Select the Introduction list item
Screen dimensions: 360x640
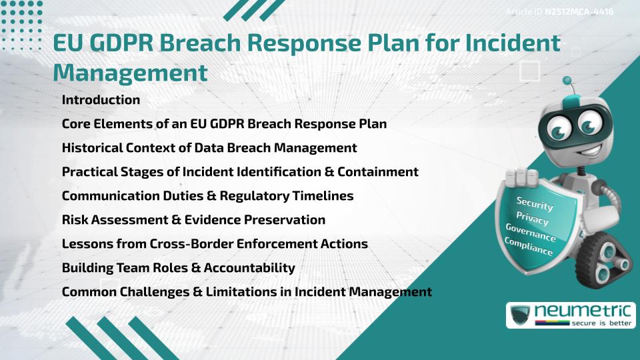tap(101, 100)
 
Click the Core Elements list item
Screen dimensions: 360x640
tap(224, 124)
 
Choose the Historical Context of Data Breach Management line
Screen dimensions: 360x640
tap(209, 148)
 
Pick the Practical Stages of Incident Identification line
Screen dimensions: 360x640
tap(240, 172)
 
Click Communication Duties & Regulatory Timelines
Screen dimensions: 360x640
tap(207, 196)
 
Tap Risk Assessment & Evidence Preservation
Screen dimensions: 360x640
tap(193, 220)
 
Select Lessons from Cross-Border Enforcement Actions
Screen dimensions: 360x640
tap(215, 244)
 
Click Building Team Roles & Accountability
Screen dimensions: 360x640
tap(178, 268)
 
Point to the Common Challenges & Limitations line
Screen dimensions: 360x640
tap(247, 292)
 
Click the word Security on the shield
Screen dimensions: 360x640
tap(535, 203)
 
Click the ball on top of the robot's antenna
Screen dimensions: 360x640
tap(568, 81)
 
